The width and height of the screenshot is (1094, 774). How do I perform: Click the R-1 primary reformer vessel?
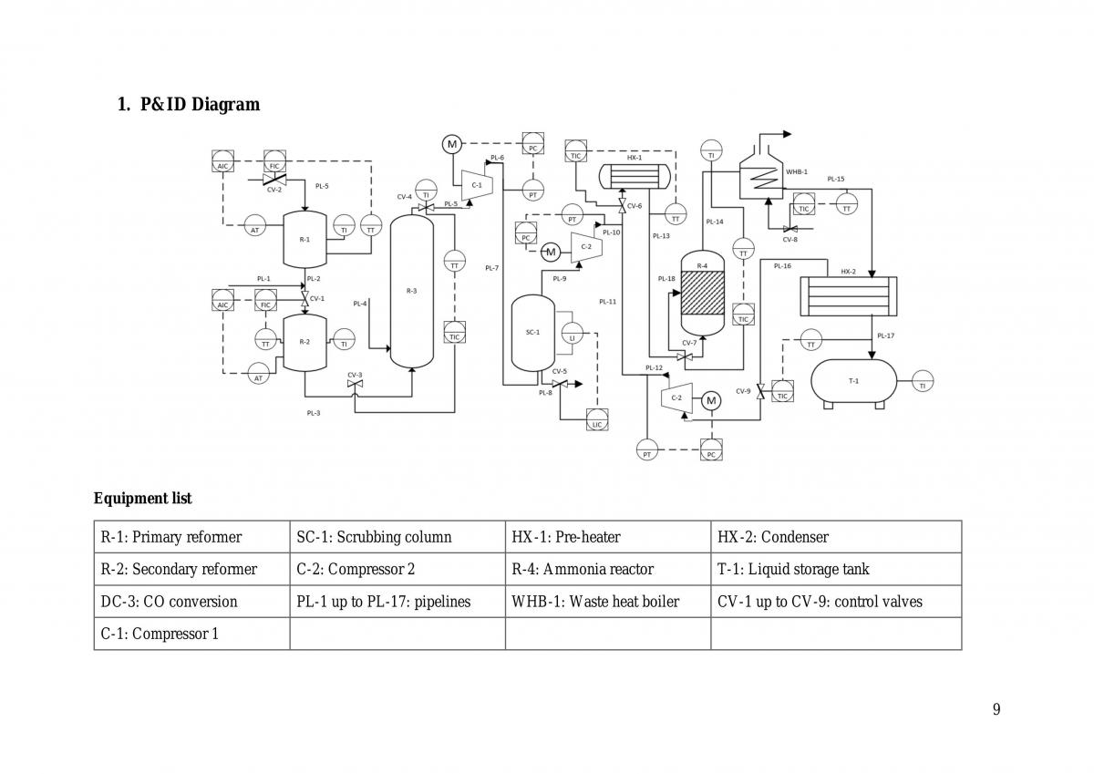[304, 239]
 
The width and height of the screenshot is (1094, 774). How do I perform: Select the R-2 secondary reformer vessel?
[304, 342]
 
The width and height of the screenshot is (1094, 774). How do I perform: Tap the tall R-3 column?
[412, 291]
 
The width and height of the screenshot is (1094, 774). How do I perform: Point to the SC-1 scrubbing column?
[532, 333]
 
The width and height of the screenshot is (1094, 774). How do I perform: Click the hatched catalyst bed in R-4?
[702, 293]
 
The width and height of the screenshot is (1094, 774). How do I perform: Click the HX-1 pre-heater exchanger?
[635, 176]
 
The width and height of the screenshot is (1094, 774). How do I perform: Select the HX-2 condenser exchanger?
[849, 296]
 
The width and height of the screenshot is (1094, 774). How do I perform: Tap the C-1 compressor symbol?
[477, 185]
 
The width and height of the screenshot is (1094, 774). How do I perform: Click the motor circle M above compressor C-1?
[452, 145]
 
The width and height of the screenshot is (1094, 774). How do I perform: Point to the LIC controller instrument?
[597, 420]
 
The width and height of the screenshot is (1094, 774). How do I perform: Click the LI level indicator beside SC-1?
[573, 333]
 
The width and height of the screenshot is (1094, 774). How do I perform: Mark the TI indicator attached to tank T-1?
[923, 381]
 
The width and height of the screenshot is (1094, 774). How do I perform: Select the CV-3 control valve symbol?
[355, 384]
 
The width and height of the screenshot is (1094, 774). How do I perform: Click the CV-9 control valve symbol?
[760, 391]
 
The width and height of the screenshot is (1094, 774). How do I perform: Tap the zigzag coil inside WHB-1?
[763, 178]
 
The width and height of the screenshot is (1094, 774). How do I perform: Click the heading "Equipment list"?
[142, 499]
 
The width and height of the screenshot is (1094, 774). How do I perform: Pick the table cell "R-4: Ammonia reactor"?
[583, 570]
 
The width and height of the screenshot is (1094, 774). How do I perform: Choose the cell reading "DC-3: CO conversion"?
[169, 602]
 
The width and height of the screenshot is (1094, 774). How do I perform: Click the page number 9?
[996, 709]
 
